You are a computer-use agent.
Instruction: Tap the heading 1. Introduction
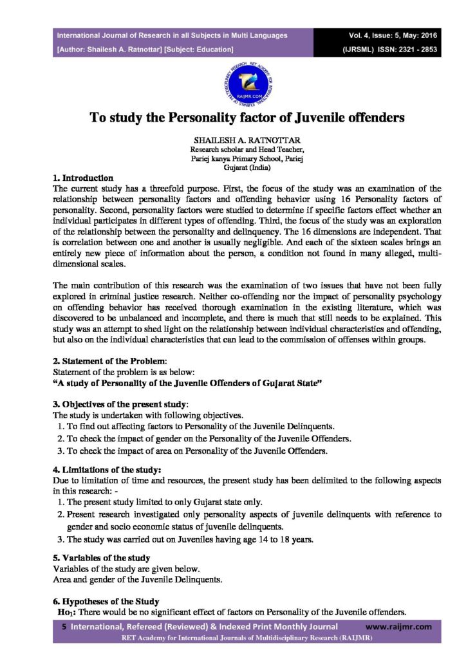coord(83,178)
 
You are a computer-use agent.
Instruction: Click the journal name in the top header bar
coord(172,35)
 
